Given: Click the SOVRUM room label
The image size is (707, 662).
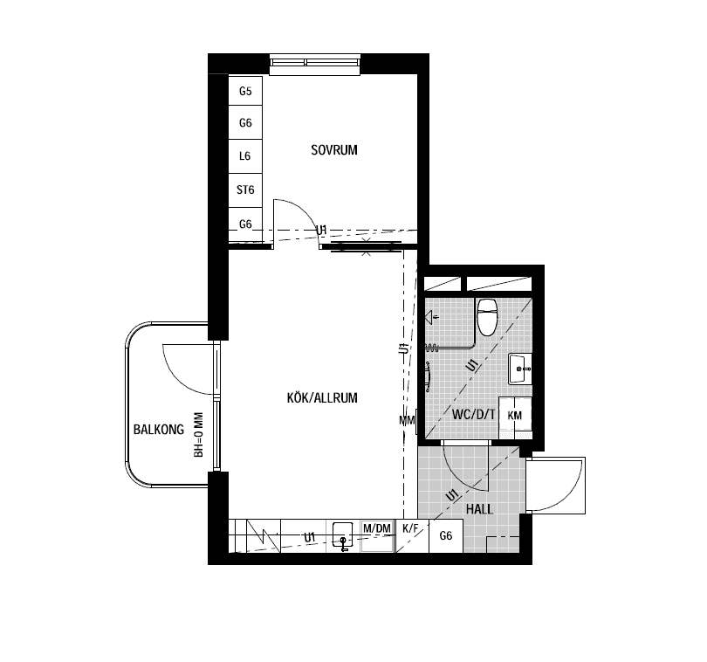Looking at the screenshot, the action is tap(334, 150).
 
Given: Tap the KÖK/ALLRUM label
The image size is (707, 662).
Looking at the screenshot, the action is tap(322, 397).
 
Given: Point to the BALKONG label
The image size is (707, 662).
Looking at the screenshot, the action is tap(159, 429).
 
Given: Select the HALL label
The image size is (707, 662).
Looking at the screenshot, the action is tap(479, 509).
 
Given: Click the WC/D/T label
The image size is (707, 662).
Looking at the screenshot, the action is tap(473, 414).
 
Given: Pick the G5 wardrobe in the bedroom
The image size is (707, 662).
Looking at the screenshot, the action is tap(245, 91).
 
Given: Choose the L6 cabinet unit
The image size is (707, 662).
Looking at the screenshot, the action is tap(245, 156).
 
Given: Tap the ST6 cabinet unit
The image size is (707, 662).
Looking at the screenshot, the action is tap(245, 190).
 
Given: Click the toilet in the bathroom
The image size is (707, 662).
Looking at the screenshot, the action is tap(487, 317).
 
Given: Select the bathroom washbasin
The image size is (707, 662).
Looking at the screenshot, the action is tap(520, 369).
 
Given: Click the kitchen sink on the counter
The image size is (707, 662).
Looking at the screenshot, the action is tap(343, 535).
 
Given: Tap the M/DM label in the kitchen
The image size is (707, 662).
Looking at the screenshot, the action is tap(377, 528).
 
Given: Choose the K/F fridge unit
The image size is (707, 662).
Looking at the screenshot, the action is tap(412, 535).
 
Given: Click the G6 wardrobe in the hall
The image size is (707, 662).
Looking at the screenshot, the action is tap(446, 535).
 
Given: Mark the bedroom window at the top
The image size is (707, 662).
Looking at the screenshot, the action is tap(315, 65).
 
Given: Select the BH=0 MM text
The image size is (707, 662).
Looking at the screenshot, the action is tap(198, 435).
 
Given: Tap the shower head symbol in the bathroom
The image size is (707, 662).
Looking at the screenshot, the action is tap(430, 317).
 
